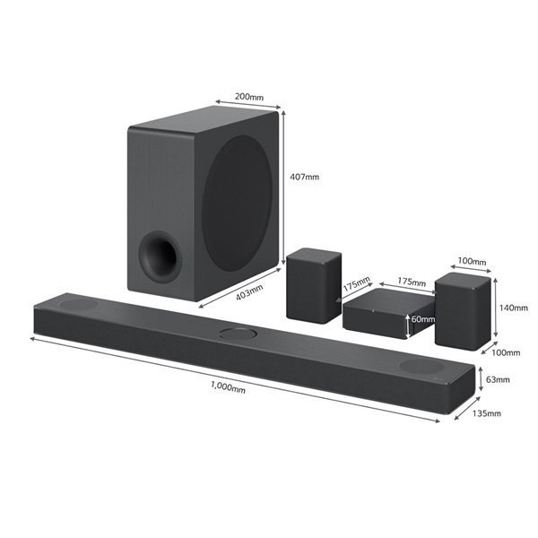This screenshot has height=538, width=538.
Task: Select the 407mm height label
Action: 304,178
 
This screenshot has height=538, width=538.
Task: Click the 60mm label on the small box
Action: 422,319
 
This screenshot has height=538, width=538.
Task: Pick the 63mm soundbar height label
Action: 499,380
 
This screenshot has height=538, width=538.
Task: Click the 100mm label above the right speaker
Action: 471,263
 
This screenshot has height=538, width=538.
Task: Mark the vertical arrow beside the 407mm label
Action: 284,180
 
